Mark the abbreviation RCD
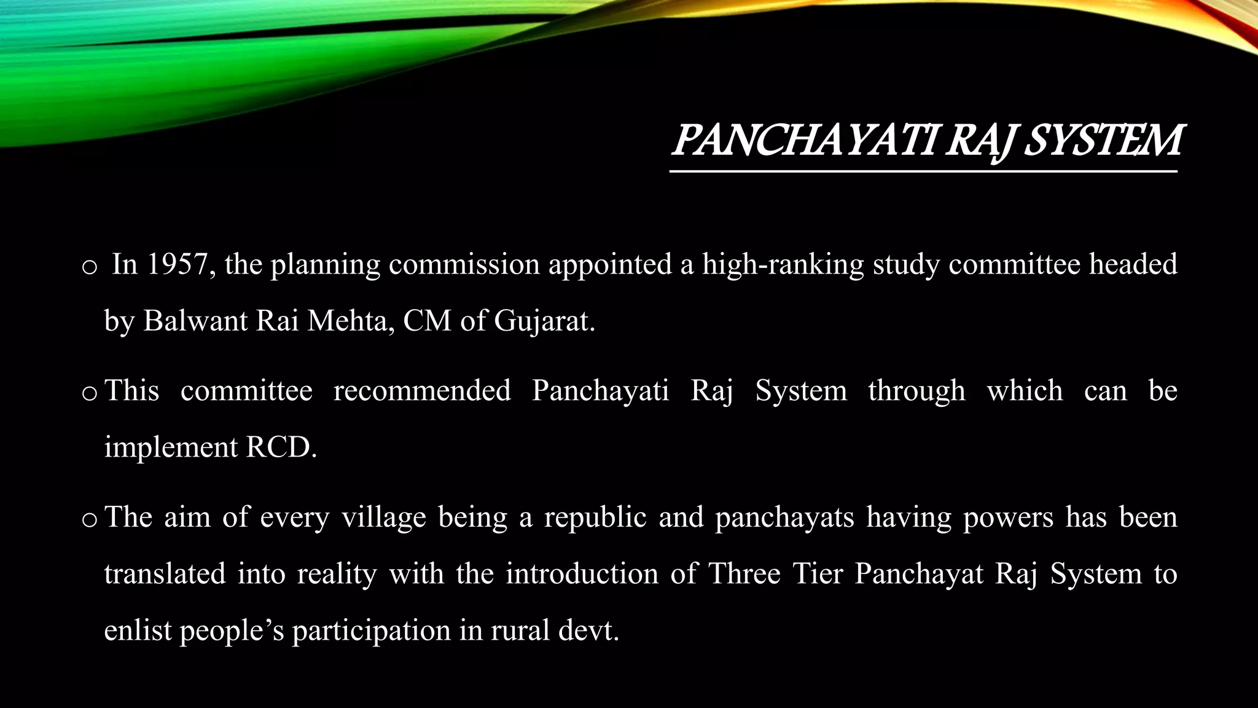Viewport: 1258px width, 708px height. point(281,447)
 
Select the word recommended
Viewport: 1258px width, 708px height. point(422,391)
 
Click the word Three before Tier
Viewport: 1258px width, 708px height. point(744,574)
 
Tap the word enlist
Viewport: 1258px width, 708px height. point(137,631)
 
